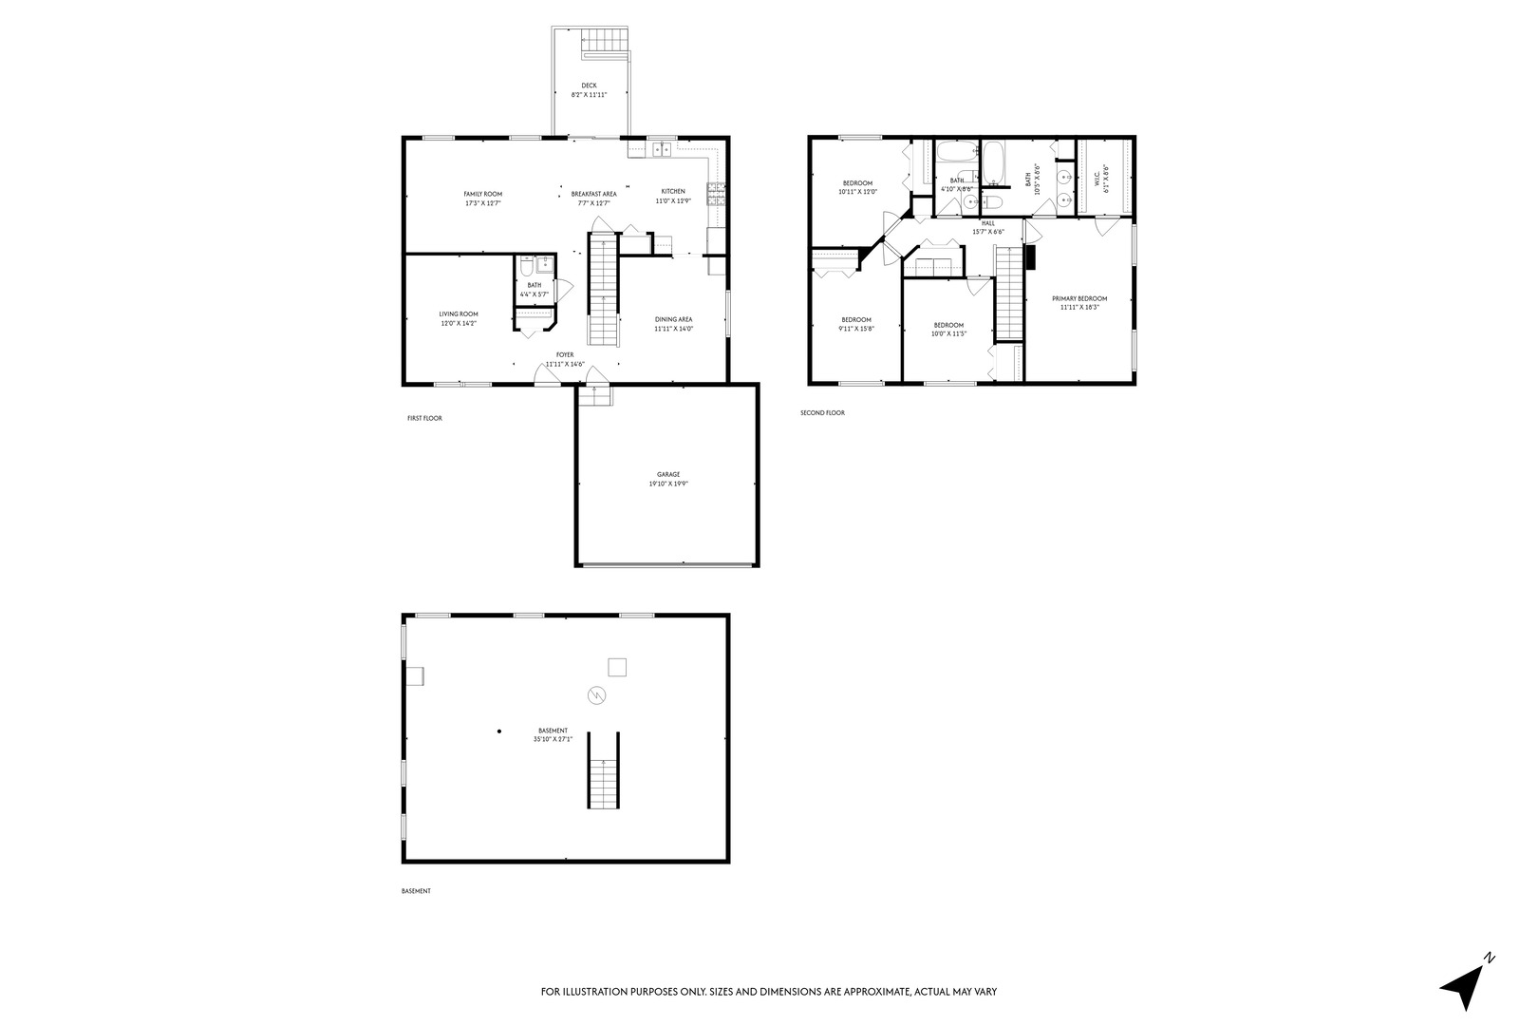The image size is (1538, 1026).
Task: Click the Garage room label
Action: [668, 474]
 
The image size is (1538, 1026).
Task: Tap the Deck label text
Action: [589, 85]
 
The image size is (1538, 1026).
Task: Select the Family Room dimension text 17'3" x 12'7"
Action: [483, 203]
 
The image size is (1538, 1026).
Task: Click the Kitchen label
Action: [673, 192]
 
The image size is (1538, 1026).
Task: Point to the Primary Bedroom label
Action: [1079, 298]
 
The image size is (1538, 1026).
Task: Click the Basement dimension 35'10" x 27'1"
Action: [553, 739]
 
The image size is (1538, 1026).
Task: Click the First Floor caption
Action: [424, 418]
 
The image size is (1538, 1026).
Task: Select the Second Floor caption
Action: [822, 413]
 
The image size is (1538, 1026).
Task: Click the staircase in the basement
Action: [603, 770]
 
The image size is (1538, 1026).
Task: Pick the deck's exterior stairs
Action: [606, 41]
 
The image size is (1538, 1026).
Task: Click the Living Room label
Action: [458, 314]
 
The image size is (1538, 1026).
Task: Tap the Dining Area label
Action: [673, 319]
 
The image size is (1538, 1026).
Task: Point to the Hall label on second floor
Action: [988, 223]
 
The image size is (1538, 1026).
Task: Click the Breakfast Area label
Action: [593, 194]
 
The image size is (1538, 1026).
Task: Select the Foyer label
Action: [565, 355]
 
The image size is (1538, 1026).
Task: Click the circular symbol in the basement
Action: [596, 695]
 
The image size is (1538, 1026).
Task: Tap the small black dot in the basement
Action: [498, 731]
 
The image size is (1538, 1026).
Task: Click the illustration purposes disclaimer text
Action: [768, 992]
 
